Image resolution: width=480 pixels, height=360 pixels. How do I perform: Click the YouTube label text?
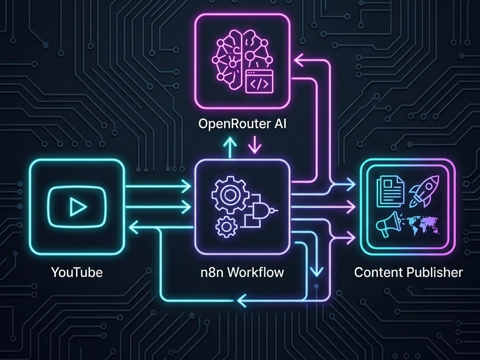(x=77, y=272)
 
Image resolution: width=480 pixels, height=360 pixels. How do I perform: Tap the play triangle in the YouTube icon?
(x=77, y=207)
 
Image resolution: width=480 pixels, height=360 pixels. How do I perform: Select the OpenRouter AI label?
(x=242, y=124)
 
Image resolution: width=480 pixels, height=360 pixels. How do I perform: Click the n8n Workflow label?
(x=242, y=272)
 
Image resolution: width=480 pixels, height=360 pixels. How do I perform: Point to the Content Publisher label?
(x=408, y=272)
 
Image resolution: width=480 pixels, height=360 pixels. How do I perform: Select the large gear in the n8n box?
(x=228, y=195)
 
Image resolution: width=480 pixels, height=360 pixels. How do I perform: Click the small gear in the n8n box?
(x=227, y=227)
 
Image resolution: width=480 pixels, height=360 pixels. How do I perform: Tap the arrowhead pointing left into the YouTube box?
(x=134, y=227)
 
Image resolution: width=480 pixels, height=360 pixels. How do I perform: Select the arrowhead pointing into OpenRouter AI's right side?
(x=300, y=60)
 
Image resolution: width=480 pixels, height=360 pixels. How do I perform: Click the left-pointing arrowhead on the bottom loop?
(x=241, y=300)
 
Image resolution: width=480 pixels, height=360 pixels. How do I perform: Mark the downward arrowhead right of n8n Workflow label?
(x=316, y=271)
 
